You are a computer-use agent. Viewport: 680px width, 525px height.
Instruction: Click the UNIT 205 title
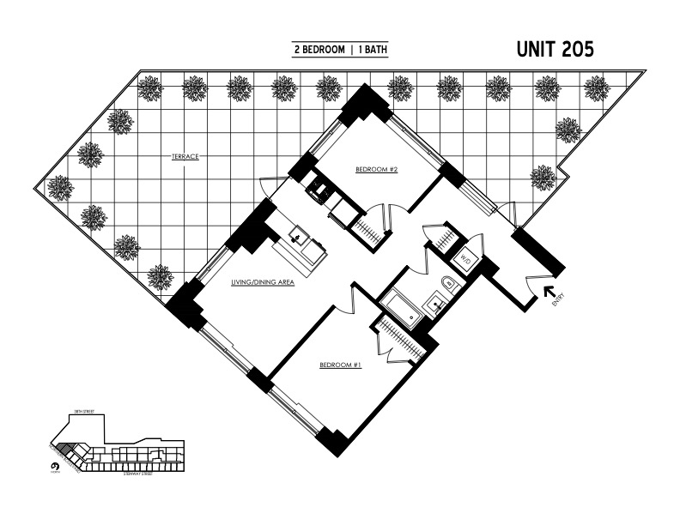tap(555, 50)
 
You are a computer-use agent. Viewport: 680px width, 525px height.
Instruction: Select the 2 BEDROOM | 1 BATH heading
tap(340, 51)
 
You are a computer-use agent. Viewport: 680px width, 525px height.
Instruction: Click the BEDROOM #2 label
tap(376, 170)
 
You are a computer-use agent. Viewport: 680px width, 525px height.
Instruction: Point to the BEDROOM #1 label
tap(340, 365)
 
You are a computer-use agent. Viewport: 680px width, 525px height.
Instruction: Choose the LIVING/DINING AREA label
tap(263, 281)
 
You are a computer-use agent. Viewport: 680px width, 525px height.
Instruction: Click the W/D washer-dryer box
tap(464, 257)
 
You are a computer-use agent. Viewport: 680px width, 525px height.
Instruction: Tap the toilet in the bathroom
tap(446, 286)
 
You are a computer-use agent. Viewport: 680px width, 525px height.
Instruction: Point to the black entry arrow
tap(549, 293)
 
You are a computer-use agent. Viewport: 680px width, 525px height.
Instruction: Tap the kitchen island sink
tap(300, 237)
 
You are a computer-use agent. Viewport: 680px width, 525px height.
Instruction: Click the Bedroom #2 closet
tap(368, 227)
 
